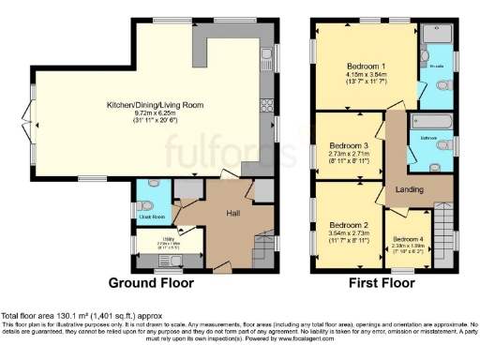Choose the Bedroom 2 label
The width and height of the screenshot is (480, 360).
[347, 225]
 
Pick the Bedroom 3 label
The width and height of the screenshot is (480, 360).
[347, 145]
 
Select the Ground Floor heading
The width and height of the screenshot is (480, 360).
[151, 282]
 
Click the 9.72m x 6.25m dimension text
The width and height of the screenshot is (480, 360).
[156, 112]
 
